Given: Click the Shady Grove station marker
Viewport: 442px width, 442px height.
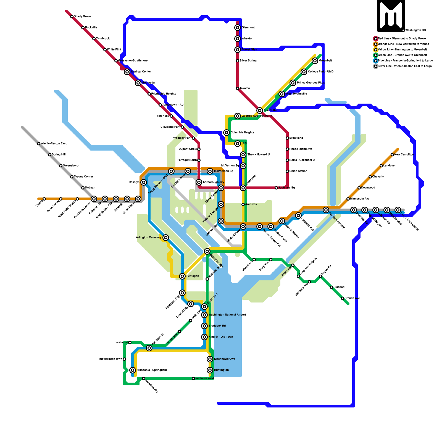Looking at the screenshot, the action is pos(72,17).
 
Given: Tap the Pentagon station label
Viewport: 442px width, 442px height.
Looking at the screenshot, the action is pos(193,276).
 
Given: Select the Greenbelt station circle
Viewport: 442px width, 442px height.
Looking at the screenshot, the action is pos(315,61).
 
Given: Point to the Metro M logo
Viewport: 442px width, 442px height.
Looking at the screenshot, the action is pos(391,16).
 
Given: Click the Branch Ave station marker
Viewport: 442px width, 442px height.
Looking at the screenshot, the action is pos(343,298).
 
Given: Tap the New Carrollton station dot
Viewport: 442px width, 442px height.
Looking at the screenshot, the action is pos(392,155).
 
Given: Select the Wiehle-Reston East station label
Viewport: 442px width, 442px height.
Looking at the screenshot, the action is pos(54,143).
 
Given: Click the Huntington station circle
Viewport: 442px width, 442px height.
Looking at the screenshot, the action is pos(210,370).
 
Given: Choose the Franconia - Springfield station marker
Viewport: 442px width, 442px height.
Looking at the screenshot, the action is pos(133,370).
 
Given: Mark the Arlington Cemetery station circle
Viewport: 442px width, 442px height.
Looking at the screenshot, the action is pos(166,238).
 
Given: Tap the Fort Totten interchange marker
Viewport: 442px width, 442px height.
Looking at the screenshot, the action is pos(260,110).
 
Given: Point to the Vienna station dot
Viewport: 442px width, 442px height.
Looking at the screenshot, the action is pos(44,199).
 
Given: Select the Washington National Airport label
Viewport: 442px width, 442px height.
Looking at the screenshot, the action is pos(227,315).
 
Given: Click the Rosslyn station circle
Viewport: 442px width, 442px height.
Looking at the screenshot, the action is pos(144,182).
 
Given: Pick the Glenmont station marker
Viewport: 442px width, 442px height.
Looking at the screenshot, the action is pos(238,28).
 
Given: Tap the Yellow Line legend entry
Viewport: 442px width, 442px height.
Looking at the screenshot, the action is pos(402,49).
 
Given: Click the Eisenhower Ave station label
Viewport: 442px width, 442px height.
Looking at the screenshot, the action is pos(225,359).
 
